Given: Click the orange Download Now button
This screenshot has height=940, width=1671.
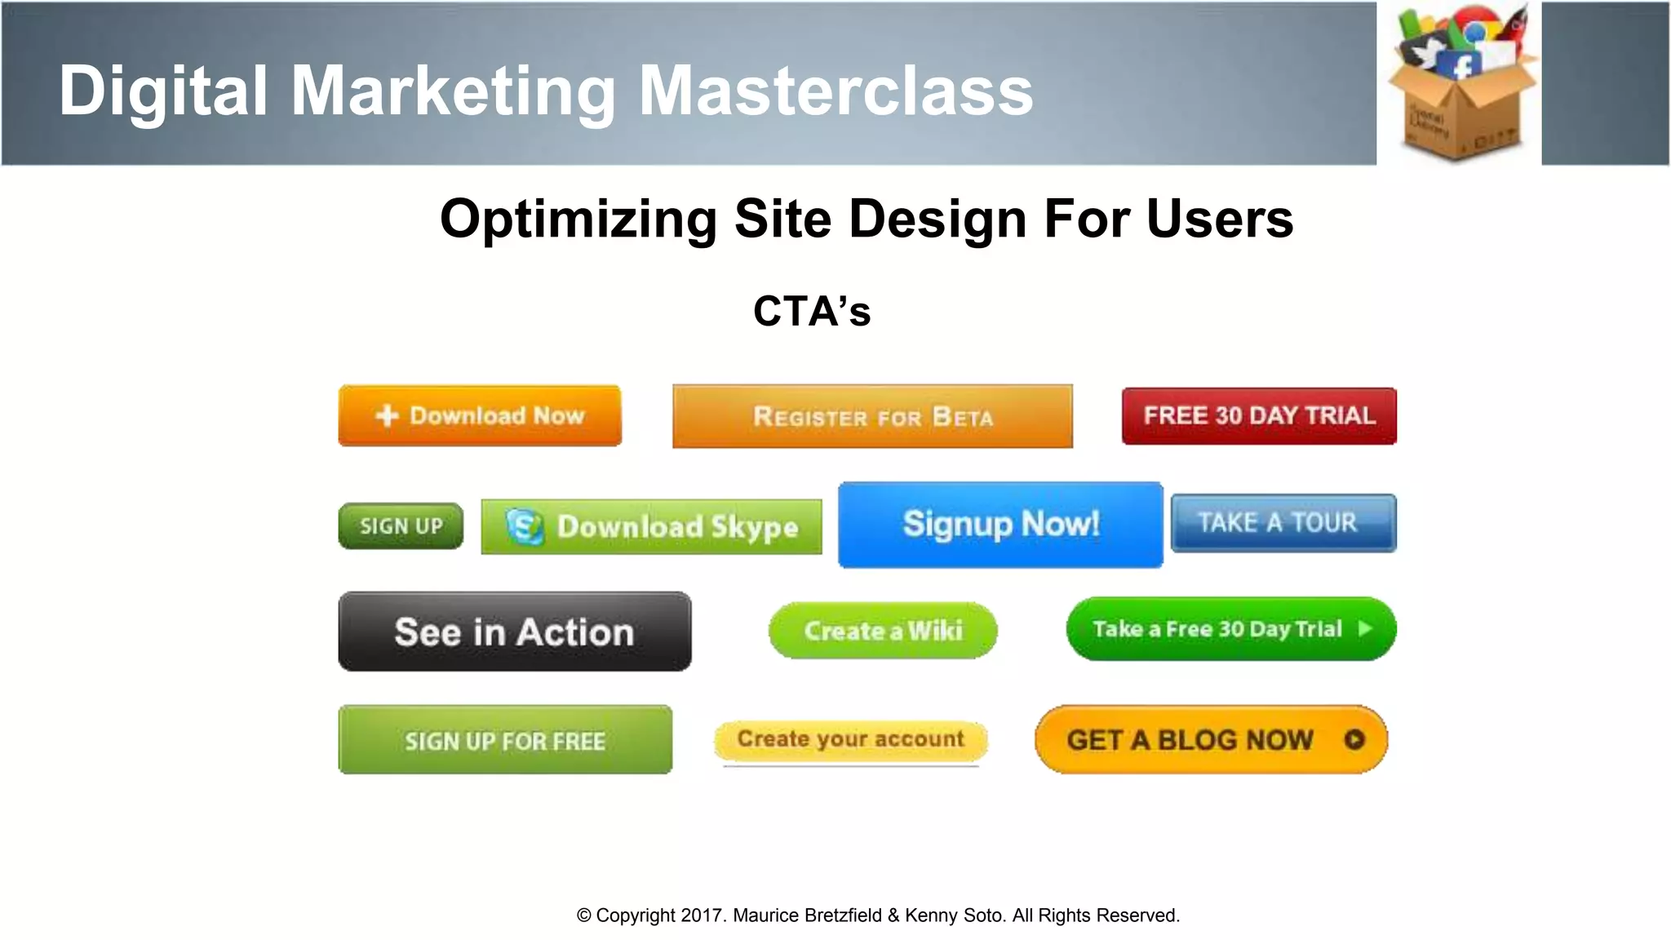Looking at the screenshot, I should [480, 416].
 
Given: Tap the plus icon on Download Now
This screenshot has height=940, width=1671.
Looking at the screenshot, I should [387, 416].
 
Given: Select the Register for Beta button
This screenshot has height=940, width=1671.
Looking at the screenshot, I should [872, 417].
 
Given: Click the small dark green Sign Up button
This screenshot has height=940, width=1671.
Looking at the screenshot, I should [401, 526].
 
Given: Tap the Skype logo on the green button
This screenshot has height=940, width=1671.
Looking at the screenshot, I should [524, 526].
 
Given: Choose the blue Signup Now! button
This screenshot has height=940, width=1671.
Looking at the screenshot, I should [1000, 525].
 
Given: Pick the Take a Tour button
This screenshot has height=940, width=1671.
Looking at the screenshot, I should [1283, 523].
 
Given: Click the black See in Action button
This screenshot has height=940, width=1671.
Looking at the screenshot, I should [514, 632].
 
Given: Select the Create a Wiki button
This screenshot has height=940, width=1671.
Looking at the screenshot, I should [883, 631].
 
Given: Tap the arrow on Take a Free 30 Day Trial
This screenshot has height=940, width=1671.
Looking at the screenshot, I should [1365, 628].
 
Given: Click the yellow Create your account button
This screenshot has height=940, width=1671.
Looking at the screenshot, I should [850, 739].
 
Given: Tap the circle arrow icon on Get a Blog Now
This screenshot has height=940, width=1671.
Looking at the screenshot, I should [1354, 739].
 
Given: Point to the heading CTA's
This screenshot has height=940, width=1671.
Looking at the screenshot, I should [812, 311].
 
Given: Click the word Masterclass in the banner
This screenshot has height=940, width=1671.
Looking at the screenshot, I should [835, 90].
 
